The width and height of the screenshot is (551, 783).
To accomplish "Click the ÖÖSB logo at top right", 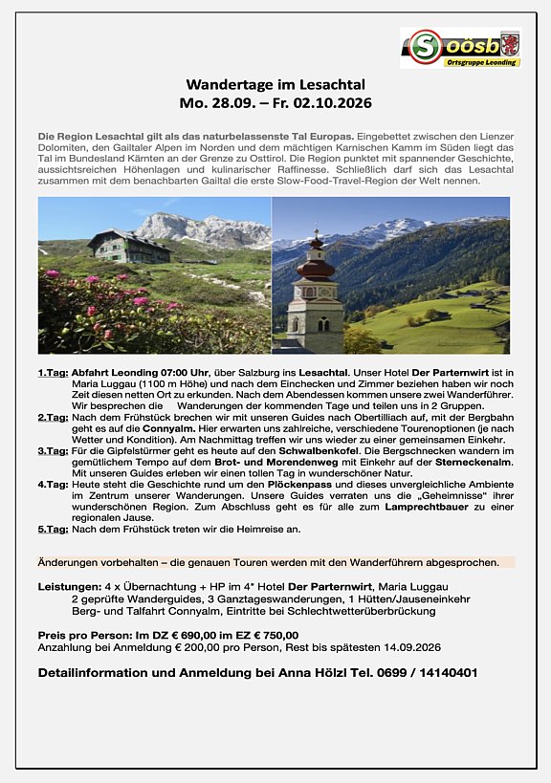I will coord(460,48).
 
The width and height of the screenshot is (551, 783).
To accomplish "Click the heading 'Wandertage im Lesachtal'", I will coord(275,85).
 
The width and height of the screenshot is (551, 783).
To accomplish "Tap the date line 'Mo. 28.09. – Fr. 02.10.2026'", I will coord(275,102).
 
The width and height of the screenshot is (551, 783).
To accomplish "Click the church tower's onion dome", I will coord(315,268).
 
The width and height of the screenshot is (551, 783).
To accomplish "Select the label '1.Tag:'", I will coord(53,372).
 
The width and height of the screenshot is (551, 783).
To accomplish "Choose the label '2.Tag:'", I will coord(53,418).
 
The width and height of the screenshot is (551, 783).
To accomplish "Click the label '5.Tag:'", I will coord(53,529).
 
